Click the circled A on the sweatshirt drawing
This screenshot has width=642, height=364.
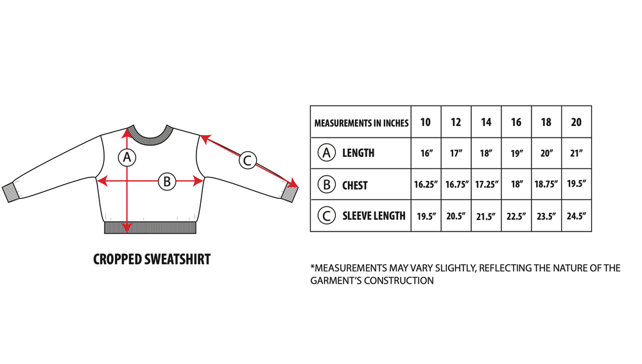[127, 157]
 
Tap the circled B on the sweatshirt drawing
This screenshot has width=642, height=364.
[167, 181]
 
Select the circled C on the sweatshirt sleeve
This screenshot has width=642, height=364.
[247, 160]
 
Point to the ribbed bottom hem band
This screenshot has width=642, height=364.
[150, 228]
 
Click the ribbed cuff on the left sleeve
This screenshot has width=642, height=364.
[11, 192]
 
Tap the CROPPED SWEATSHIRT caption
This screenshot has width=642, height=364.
[152, 259]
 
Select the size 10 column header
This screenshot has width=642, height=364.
[426, 122]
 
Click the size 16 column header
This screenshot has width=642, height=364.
[516, 122]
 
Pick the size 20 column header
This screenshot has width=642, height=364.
[576, 122]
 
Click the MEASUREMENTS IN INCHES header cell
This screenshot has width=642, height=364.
[361, 123]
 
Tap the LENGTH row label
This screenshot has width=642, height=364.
[358, 153]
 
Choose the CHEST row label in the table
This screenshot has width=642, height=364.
[354, 185]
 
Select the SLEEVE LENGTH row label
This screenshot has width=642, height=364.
[374, 216]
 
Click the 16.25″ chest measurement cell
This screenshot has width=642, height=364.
[426, 185]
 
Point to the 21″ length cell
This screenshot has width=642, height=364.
[576, 153]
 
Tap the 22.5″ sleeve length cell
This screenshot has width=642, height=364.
[516, 216]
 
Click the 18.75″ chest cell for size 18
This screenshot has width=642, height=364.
[546, 185]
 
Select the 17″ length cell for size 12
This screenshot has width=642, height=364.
[456, 153]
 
